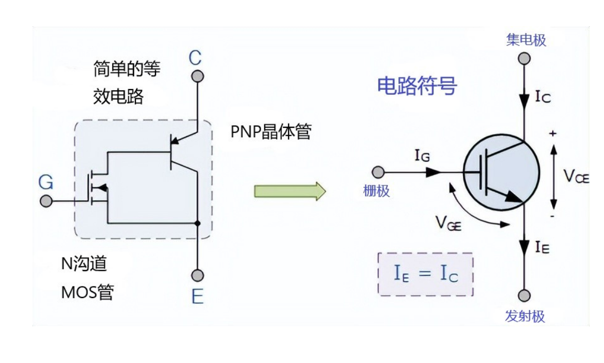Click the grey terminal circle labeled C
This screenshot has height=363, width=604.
(197, 76)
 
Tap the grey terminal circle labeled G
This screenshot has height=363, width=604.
(46, 201)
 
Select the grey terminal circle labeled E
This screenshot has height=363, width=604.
(197, 275)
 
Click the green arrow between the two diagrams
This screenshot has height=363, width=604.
(290, 191)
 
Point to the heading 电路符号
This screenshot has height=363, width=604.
(417, 86)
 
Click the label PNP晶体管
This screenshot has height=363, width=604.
(271, 132)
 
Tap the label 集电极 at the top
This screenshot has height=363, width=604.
(526, 40)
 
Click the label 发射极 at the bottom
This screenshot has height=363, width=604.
(525, 316)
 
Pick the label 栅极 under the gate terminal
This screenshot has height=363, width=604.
(376, 191)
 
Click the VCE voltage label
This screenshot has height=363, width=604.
(576, 177)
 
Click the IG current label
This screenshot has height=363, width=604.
(423, 155)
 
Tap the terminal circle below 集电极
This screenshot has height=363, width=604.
(524, 58)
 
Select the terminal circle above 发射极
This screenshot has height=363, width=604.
(524, 295)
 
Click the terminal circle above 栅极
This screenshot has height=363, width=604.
(378, 172)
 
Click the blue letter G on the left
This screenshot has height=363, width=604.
(46, 182)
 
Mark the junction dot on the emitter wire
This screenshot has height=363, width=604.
(197, 224)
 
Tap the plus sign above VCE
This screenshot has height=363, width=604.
(553, 134)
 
